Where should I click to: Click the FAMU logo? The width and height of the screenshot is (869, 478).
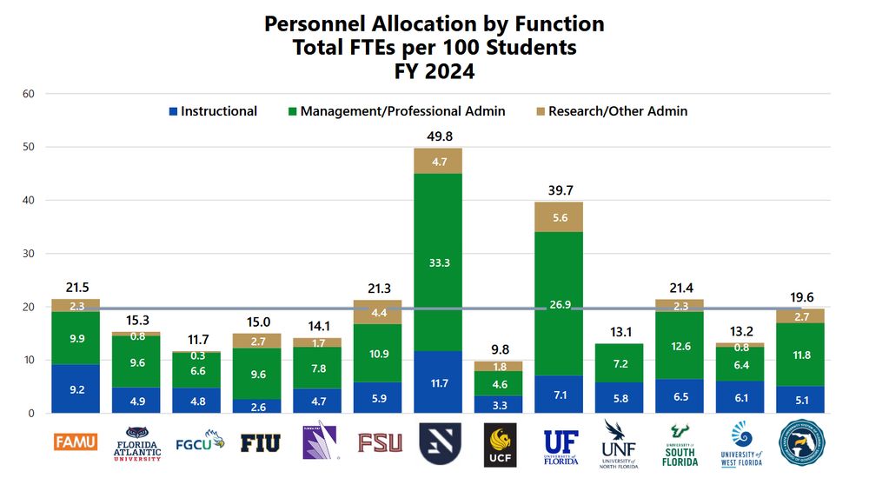[x=76, y=442]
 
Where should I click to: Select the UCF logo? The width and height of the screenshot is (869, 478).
[x=500, y=444]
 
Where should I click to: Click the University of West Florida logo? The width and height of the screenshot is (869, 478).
[x=741, y=444]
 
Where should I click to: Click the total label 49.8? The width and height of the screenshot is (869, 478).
[x=439, y=136]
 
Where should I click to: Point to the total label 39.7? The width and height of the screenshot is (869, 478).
[x=560, y=189]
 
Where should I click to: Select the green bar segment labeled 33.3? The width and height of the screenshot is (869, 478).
[x=439, y=262]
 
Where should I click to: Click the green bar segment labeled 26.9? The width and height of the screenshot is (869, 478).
[x=560, y=304]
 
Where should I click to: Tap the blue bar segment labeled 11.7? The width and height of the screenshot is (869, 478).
[x=439, y=382]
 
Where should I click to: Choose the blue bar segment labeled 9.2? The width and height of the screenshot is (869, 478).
[x=76, y=388]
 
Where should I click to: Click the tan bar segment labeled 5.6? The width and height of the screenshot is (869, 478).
[x=560, y=217]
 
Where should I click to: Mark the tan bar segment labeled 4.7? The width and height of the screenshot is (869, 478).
[x=439, y=161]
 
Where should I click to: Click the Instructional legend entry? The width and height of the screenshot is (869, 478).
[x=213, y=111]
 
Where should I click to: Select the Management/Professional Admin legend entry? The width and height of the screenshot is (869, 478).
[x=396, y=111]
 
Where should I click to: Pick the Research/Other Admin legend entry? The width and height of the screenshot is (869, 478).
[x=610, y=111]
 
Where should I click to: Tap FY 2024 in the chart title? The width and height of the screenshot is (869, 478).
[x=434, y=72]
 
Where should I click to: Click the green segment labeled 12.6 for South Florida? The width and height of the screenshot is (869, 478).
[x=680, y=347]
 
